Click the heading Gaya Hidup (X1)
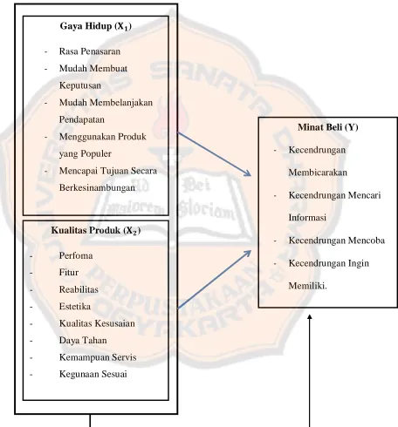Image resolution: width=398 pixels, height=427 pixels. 96,26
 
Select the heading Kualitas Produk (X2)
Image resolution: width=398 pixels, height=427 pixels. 96,231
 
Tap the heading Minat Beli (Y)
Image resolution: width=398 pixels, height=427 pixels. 328,127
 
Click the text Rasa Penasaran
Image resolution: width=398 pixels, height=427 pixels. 90,51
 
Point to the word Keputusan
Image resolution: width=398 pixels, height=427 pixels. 80,85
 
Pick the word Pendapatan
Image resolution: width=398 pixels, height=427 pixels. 82,119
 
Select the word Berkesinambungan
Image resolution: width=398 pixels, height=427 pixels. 97,187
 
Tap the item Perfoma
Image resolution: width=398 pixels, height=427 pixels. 76,255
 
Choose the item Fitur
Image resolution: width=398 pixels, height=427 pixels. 69,273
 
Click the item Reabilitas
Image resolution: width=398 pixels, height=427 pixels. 79,289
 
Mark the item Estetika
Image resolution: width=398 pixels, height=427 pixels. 75,307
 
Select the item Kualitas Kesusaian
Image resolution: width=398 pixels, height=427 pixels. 97,323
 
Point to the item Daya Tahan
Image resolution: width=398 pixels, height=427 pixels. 83,341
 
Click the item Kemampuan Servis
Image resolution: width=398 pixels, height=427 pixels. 98,357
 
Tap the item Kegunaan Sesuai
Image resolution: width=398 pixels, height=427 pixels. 93,374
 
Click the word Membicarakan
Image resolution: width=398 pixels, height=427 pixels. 318,173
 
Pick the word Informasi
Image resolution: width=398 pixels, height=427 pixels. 307,218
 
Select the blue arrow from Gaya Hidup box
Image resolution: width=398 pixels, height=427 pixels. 214,154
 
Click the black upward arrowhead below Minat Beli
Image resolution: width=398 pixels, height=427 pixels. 310,317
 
